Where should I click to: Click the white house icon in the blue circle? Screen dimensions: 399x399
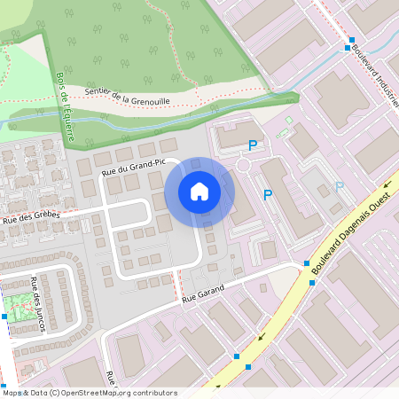click(x=199, y=192)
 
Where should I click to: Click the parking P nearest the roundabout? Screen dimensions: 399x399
click(x=253, y=145)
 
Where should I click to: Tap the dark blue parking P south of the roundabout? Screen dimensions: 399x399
click(x=267, y=195)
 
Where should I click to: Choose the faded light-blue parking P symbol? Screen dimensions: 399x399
click(x=339, y=187)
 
